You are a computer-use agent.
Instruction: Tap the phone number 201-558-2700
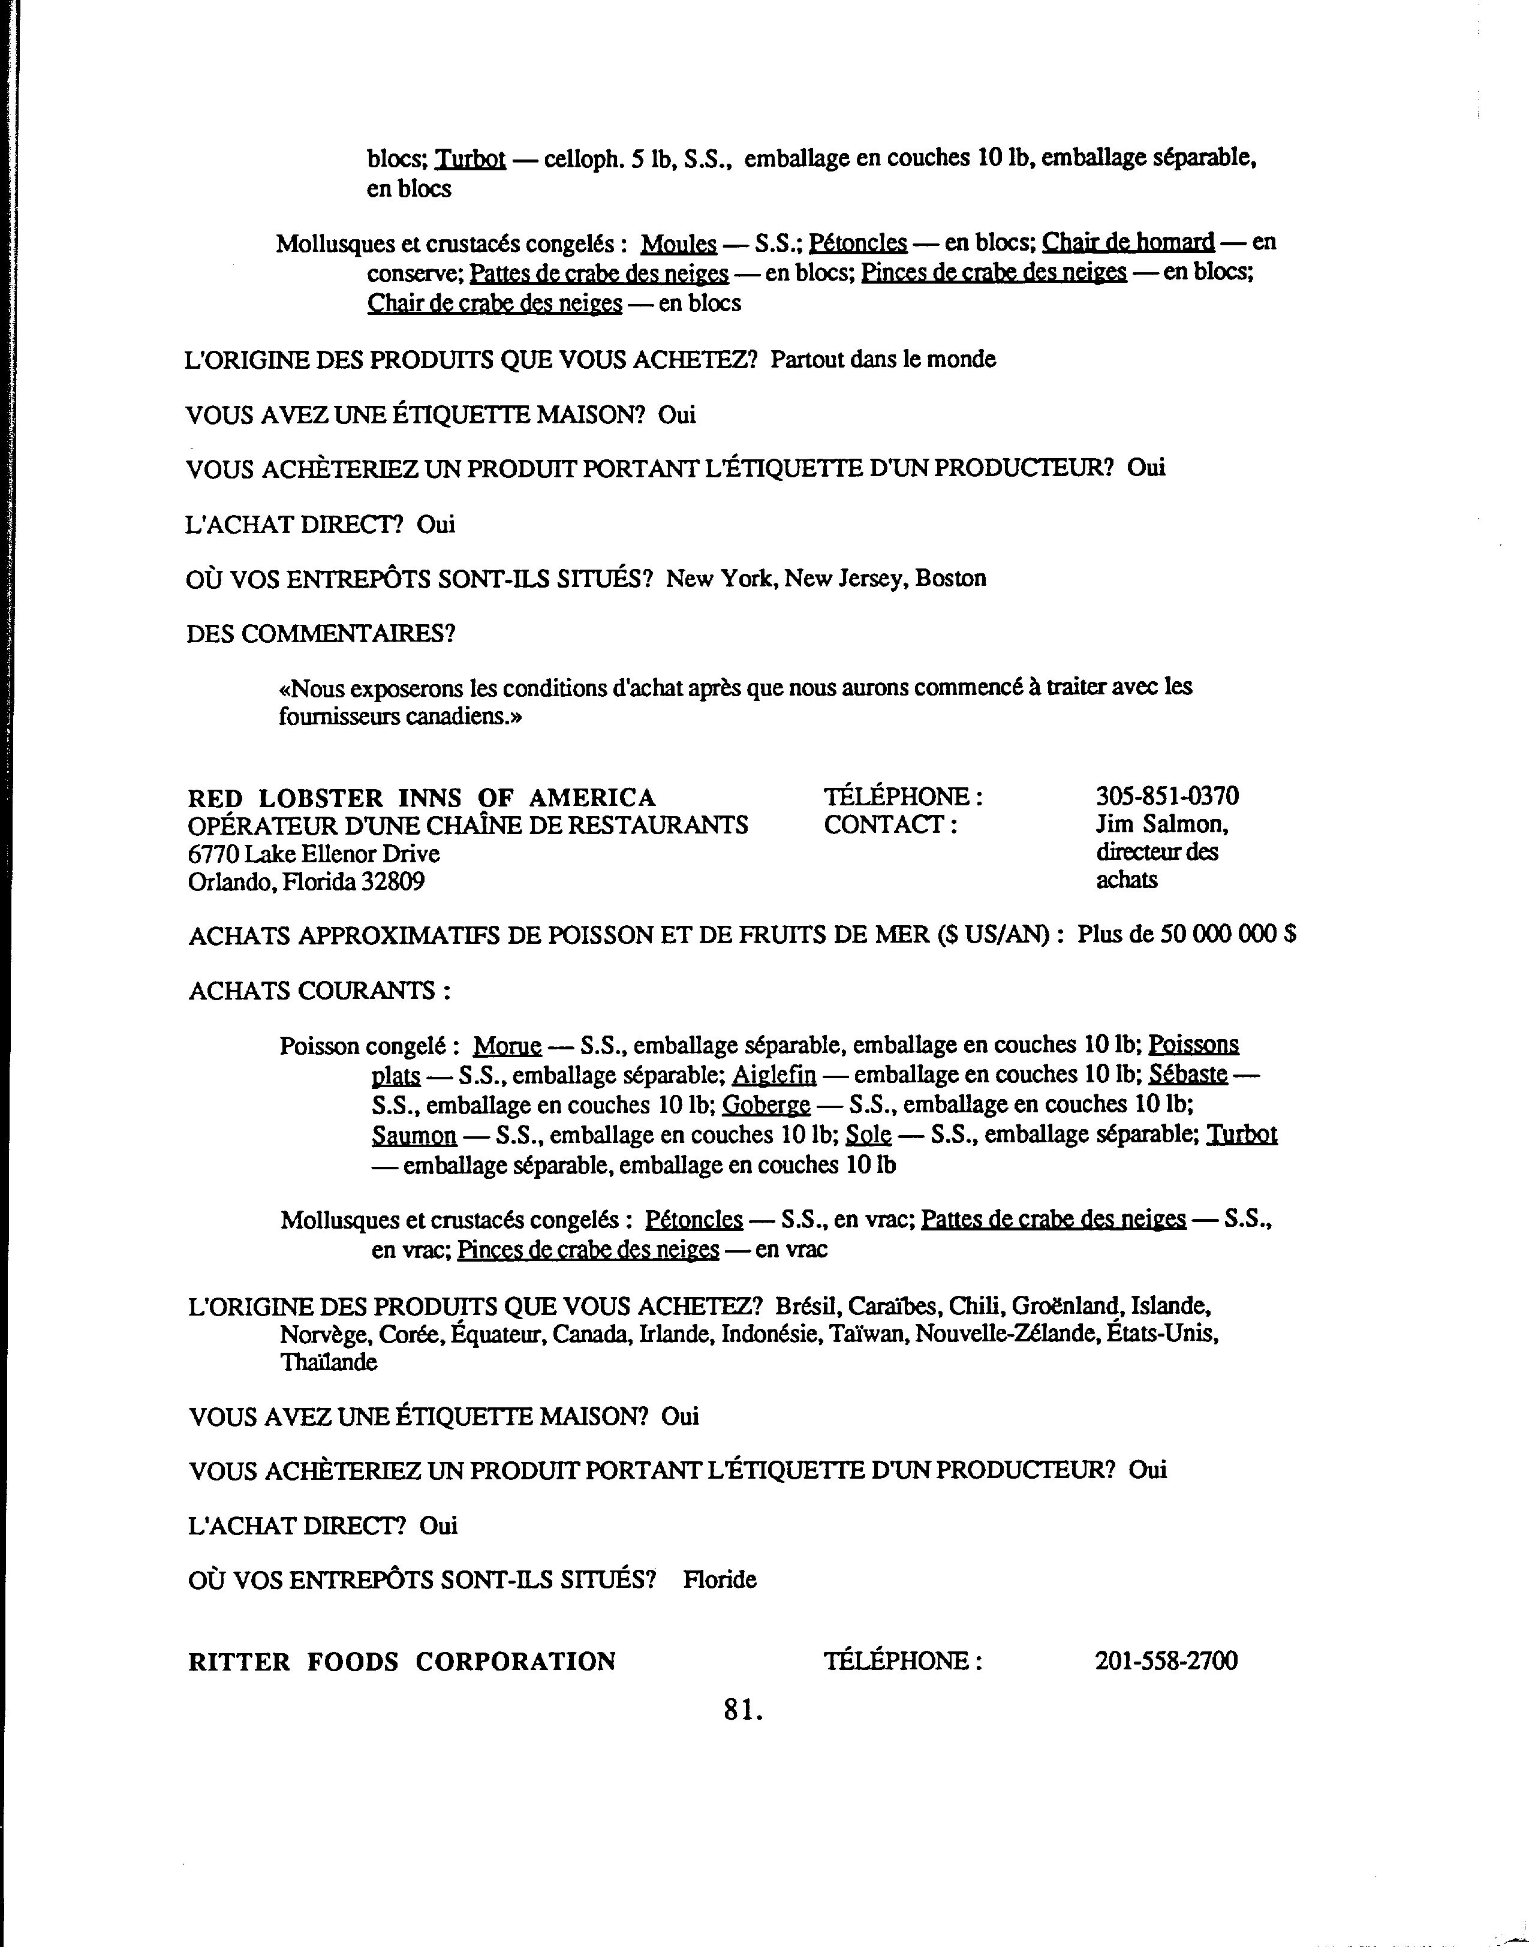tap(1166, 1662)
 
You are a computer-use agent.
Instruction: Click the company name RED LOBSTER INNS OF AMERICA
tap(422, 798)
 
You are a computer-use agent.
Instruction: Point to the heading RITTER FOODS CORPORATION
tap(402, 1662)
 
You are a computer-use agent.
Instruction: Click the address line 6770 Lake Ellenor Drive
tap(314, 853)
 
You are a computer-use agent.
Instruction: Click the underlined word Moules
tap(679, 243)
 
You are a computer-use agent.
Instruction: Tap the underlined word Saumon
tap(414, 1136)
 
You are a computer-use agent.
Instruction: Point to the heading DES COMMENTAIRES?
tap(320, 634)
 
